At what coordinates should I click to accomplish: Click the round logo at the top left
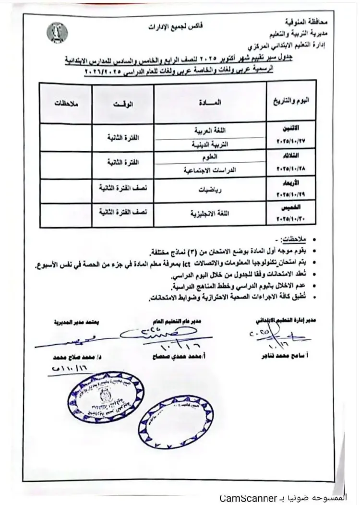[x=57, y=32]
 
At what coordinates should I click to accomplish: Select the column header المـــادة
[x=210, y=102]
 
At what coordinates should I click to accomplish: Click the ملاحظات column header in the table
[x=64, y=104]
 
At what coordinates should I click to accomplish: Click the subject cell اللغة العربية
[x=210, y=131]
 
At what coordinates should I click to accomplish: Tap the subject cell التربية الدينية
[x=210, y=144]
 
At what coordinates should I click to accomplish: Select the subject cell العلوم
[x=210, y=157]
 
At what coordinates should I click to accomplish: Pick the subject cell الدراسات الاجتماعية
[x=210, y=170]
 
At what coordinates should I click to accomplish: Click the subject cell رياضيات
[x=210, y=190]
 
